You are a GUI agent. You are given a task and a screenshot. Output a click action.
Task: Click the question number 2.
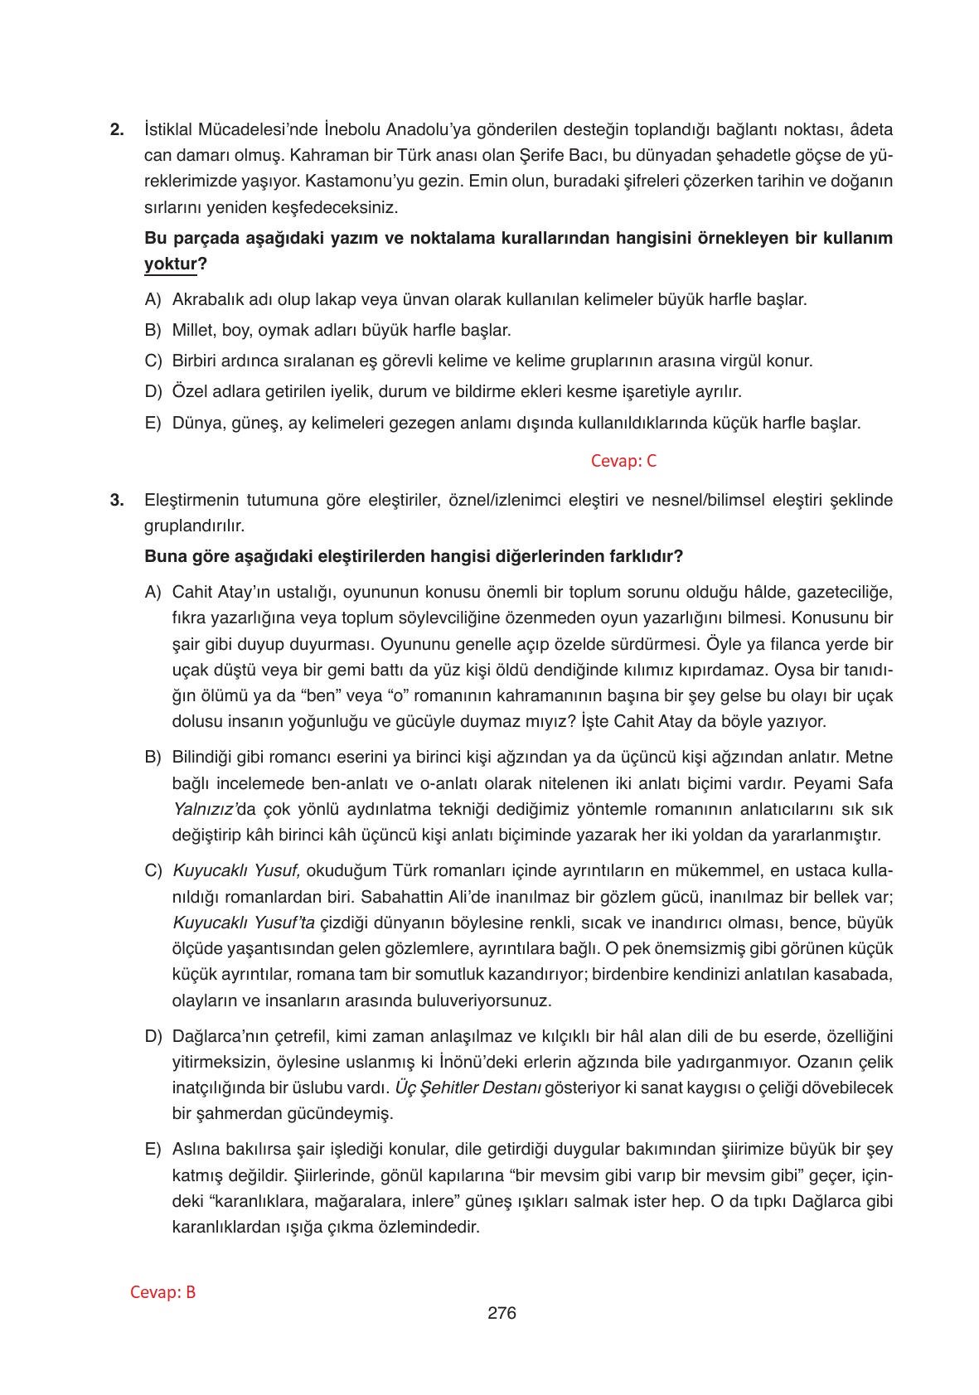click(117, 130)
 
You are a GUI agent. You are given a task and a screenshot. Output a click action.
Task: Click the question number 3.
click(117, 500)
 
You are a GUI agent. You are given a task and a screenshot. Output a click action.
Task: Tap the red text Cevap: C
click(623, 462)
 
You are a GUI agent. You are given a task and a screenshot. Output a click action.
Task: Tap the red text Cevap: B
click(163, 1292)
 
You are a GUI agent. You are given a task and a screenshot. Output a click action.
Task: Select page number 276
click(502, 1313)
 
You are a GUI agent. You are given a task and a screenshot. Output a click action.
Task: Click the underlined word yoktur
click(171, 264)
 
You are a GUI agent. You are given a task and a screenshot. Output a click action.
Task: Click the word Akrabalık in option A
click(206, 300)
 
